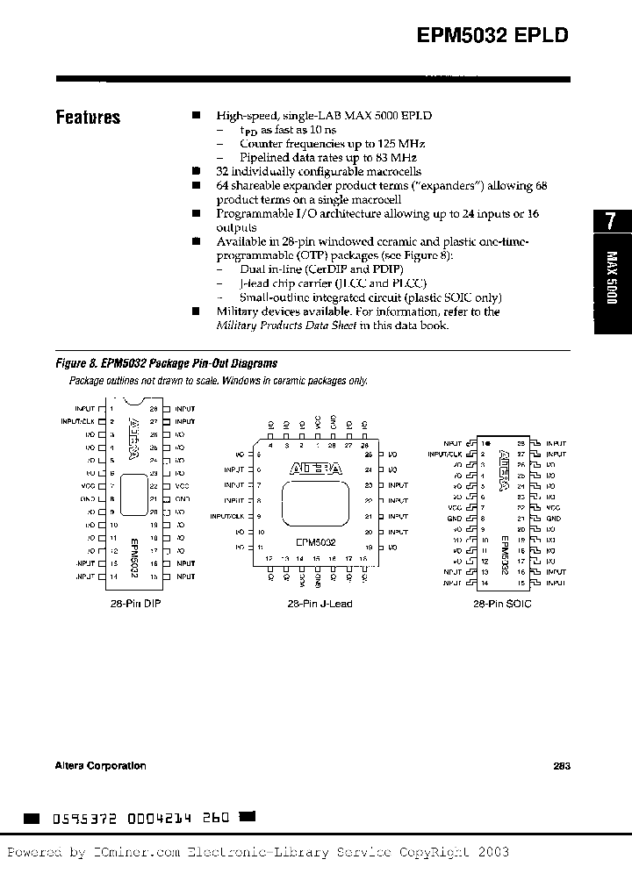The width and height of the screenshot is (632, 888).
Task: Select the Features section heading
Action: pos(88,118)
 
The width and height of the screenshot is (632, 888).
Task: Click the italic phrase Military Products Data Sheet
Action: pos(286,326)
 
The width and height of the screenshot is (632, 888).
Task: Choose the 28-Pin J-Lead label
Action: pos(320,604)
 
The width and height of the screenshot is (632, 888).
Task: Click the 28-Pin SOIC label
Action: pos(502,604)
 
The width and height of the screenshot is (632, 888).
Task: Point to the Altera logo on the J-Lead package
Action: pos(316,470)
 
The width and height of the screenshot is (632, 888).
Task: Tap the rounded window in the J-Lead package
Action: pos(316,506)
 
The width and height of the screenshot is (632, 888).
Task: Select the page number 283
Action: pos(563,765)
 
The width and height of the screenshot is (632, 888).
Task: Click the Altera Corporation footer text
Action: pos(101,765)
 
